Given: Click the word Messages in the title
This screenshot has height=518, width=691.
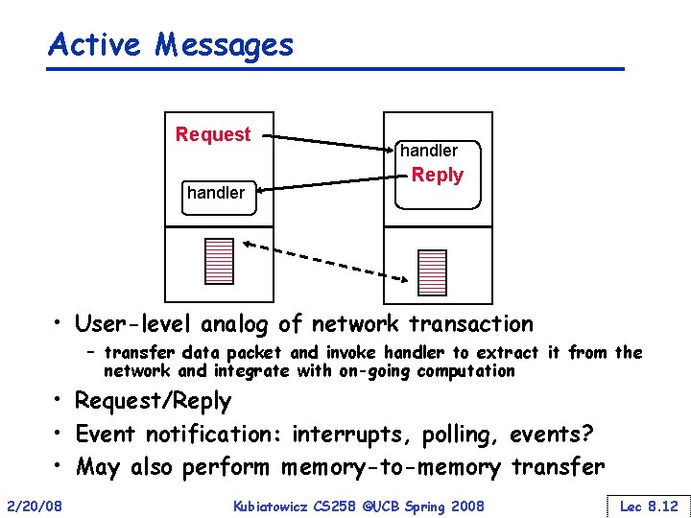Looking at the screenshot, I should coord(226,44).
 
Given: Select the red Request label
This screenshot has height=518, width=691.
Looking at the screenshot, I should coord(213,134).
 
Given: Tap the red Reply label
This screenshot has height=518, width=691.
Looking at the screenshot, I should coord(437,175).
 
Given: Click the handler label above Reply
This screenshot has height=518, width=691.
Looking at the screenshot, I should coord(428,151).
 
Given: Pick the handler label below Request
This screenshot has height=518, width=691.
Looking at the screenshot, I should coord(216,193).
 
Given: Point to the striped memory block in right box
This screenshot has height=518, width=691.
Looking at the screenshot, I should coord(433,271).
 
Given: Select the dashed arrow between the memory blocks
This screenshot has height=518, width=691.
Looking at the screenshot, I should coord(326,262).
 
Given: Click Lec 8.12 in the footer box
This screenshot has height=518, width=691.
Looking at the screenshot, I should coord(649,506).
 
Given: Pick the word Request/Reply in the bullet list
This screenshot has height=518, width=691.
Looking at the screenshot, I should coord(153,400).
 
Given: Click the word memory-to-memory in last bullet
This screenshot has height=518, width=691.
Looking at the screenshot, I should coord(391,467).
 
